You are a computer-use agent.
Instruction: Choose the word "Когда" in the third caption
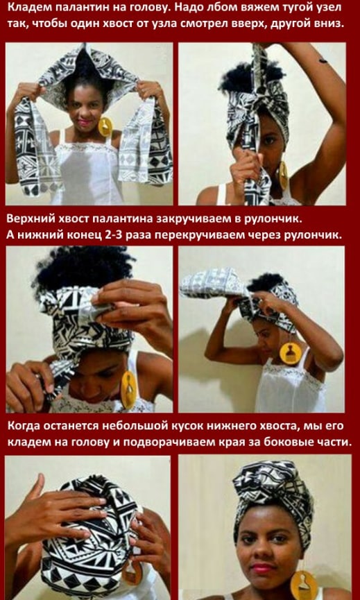[24, 427]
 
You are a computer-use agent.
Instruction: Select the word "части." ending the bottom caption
[334, 443]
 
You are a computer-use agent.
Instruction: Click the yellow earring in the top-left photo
[105, 127]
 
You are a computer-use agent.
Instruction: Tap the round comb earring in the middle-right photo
[291, 353]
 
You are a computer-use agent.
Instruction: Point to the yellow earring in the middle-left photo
[128, 391]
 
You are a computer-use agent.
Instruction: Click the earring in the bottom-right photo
[304, 585]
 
